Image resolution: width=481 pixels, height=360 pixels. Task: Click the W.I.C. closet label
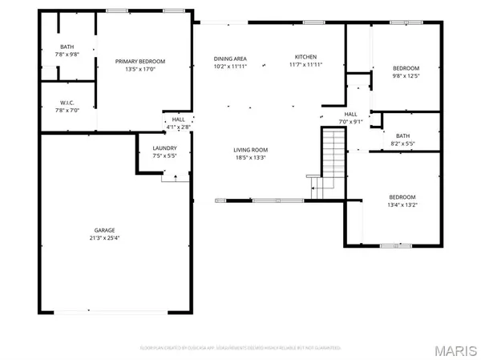point(67,103)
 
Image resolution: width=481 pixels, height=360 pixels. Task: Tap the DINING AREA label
point(229,59)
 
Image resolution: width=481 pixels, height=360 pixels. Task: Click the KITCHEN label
point(306,58)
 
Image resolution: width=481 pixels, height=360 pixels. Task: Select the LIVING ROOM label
point(251,150)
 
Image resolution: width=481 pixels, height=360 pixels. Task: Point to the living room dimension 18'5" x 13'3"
point(251,158)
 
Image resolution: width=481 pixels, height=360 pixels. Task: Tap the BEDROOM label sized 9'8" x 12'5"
point(406,68)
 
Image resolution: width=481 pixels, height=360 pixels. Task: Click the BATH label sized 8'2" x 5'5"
point(404,139)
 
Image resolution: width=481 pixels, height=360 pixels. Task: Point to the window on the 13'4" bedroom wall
point(395,245)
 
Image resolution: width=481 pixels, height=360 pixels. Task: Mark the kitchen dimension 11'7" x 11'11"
point(306,66)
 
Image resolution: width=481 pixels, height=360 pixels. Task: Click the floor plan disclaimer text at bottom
point(240,348)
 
